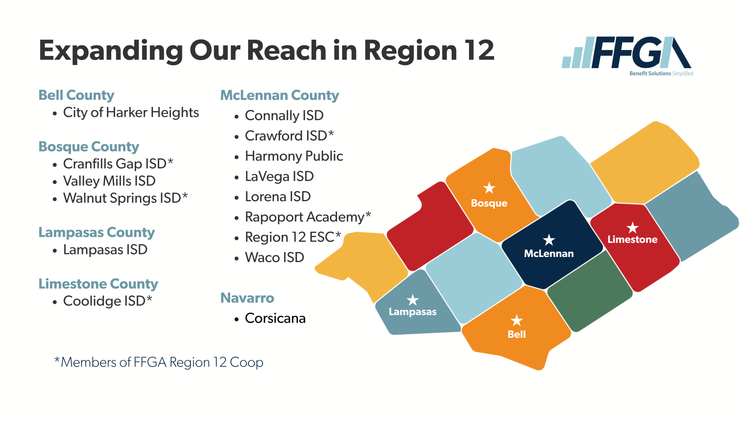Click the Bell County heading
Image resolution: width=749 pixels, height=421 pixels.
[76, 95]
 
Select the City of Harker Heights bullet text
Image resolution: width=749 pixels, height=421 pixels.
[131, 113]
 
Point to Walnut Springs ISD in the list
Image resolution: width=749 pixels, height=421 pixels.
[125, 198]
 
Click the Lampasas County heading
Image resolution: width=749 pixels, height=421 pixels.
[97, 232]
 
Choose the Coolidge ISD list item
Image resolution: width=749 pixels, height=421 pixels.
[108, 301]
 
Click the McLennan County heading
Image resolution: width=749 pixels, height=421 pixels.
[279, 95]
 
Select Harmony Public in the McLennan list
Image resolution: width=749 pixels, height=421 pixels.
[294, 156]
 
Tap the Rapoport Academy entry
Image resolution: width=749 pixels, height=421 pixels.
[308, 217]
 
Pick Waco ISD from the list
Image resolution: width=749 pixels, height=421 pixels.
[274, 258]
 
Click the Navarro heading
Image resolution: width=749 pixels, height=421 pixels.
[247, 298]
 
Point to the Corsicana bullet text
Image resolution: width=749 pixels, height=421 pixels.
[275, 318]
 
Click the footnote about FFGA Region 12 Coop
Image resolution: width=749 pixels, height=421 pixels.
[159, 362]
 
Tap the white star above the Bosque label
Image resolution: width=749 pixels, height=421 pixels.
[489, 188]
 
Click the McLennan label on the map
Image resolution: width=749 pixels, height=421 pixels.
[549, 253]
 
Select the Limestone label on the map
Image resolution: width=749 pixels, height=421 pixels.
[633, 239]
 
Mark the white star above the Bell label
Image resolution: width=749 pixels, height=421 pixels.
[517, 320]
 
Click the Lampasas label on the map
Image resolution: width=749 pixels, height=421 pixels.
[413, 312]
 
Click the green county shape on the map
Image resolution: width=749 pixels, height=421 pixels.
[590, 291]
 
